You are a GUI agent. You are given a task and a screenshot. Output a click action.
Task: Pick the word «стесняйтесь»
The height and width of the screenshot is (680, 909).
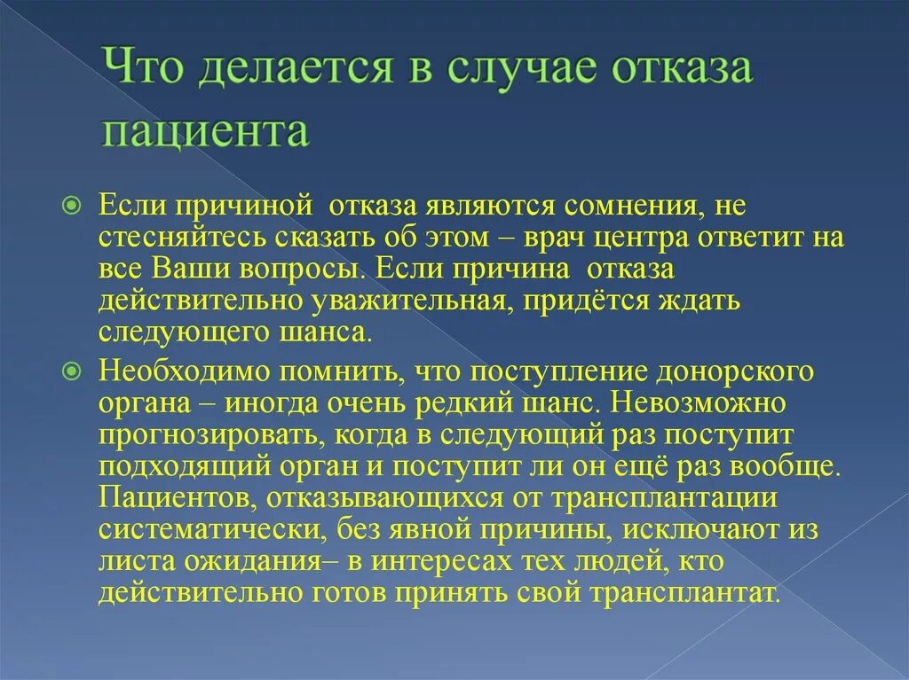coord(186,238)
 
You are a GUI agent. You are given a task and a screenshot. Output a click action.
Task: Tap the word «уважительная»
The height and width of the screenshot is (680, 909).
coord(408,301)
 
